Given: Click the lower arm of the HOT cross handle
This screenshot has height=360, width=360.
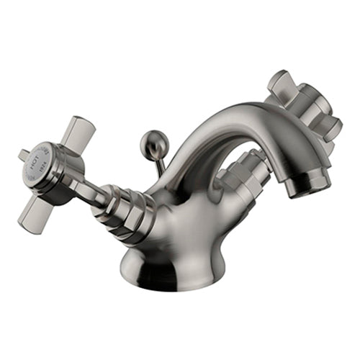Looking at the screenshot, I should (35, 214).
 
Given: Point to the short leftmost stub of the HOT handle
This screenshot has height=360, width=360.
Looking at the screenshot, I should (24, 155).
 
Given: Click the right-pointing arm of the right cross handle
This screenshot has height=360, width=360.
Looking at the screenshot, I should (328, 127).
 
